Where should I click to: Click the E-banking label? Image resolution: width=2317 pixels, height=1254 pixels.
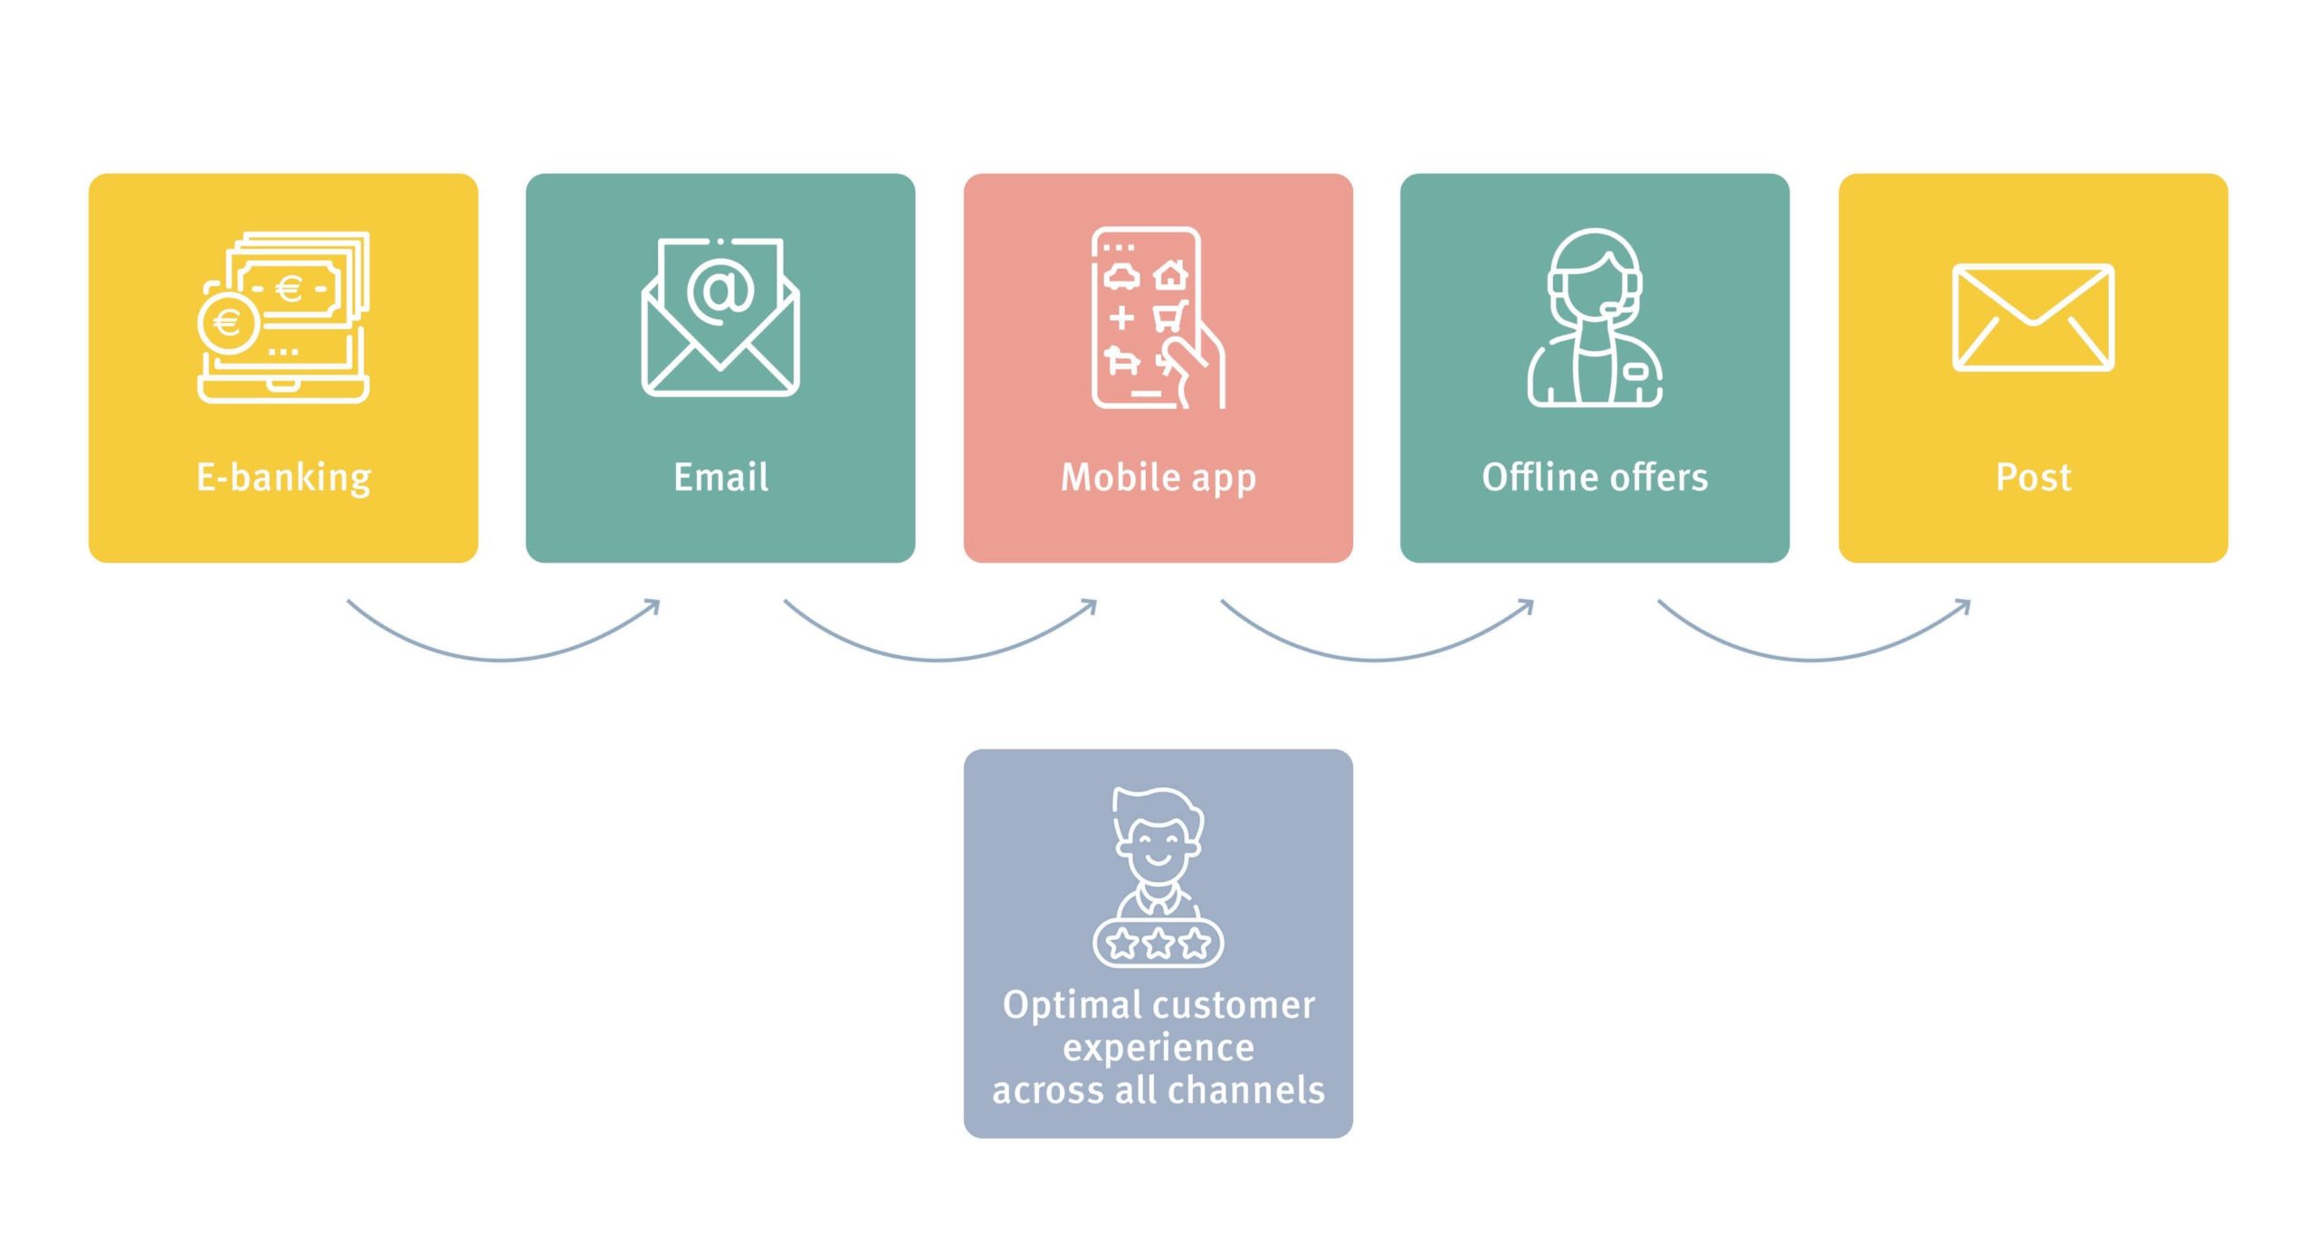(283, 478)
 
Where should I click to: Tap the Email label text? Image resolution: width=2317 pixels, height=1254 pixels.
(721, 477)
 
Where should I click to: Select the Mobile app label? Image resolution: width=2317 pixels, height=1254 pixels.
(1158, 478)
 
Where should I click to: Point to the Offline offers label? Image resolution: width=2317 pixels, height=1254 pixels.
(1595, 477)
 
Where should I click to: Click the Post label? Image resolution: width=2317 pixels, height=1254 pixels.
(2034, 477)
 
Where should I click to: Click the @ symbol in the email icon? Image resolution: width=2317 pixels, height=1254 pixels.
(720, 290)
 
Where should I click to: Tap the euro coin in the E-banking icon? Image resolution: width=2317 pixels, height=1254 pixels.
(227, 322)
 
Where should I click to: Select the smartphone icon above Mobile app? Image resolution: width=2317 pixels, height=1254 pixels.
(1158, 318)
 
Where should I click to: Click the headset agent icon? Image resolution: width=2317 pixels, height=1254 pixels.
(1595, 318)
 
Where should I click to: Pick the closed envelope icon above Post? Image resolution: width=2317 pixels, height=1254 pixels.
(2033, 318)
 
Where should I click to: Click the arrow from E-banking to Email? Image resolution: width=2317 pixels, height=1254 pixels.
(502, 660)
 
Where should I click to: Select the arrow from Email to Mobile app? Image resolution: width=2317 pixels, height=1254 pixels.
(939, 660)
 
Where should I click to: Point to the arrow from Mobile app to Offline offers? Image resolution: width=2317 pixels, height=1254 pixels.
(1377, 660)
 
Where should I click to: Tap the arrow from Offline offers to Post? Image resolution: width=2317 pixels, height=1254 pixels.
(1813, 660)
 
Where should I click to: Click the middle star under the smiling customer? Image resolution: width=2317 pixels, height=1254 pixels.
(1158, 944)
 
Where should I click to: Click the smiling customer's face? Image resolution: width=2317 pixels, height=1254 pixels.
(1158, 847)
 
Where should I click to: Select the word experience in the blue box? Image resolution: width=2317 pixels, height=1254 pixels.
(1158, 1049)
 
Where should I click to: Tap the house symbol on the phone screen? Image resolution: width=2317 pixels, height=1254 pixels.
(1171, 273)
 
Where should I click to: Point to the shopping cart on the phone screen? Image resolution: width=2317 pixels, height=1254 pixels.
(1169, 317)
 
